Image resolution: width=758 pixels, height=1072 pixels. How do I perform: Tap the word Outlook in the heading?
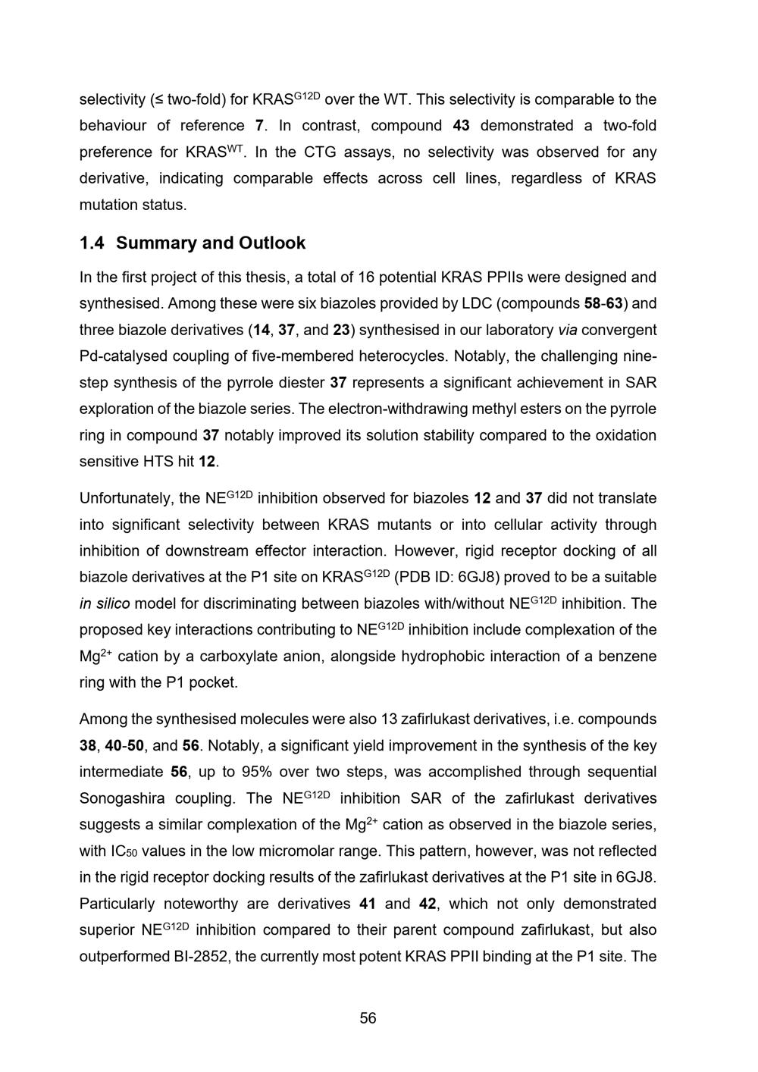(x=272, y=243)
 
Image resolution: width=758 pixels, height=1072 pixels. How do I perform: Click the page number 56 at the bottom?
(x=368, y=1018)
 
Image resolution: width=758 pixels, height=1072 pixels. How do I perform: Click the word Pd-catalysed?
(x=121, y=356)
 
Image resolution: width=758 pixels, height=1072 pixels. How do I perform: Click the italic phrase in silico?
(x=105, y=604)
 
